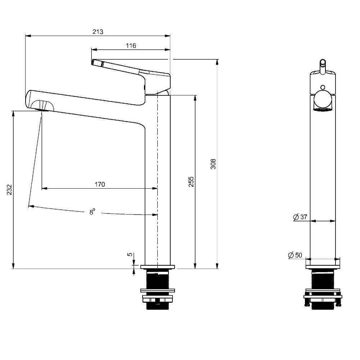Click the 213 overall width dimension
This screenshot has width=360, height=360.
tap(98, 32)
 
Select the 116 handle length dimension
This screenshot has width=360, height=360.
tap(131, 45)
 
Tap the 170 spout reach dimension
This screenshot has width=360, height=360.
tap(100, 184)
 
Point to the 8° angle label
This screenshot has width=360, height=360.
tap(92, 212)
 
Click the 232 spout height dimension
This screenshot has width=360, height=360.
tap(9, 189)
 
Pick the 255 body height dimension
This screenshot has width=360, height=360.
tap(191, 181)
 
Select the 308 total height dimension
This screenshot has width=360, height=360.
tap(213, 164)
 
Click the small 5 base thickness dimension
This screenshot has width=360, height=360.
tap(130, 255)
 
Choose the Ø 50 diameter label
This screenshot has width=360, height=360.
tap(295, 255)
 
